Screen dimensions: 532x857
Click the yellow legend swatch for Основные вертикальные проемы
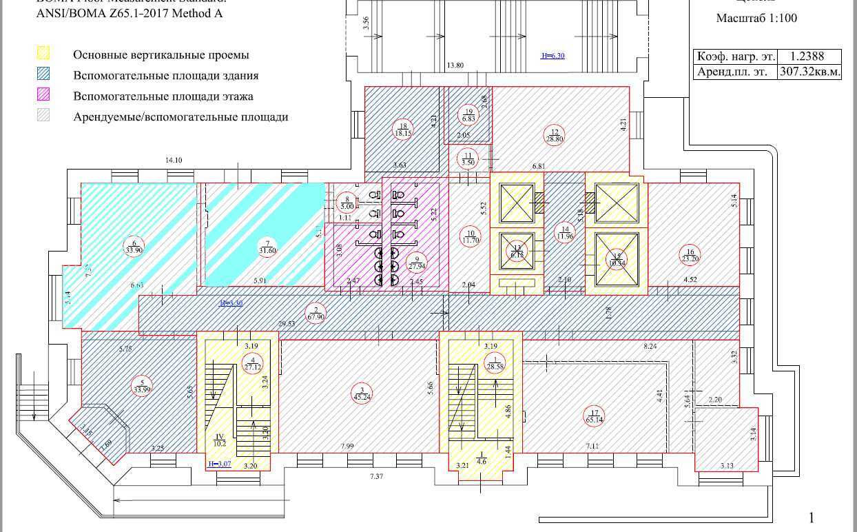tap(43, 54)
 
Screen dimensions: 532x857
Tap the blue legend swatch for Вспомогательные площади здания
tap(43, 75)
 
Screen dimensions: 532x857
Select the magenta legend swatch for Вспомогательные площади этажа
tap(43, 96)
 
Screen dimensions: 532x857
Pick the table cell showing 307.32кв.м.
tap(809, 72)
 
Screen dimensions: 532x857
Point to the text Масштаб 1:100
tap(756, 18)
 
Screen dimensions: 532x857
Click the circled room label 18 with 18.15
tap(404, 129)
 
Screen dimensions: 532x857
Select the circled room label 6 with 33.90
tap(134, 246)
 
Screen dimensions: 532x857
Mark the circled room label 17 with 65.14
tap(593, 416)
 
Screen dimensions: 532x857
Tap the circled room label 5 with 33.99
tap(142, 387)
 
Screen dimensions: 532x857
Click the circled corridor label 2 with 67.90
tap(316, 313)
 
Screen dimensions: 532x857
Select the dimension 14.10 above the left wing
tap(174, 160)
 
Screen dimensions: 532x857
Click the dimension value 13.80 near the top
tap(455, 65)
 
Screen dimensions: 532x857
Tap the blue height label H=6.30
tap(553, 56)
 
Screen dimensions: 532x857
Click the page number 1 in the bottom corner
tap(812, 518)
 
